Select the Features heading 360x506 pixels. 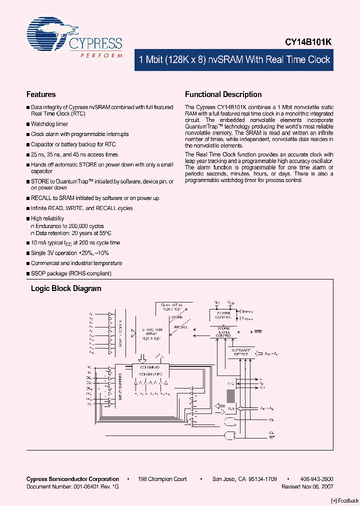click(41, 94)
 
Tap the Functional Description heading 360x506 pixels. click(223, 94)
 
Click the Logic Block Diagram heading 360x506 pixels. click(66, 288)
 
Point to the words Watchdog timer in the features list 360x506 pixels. click(49, 124)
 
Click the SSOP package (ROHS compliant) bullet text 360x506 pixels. click(71, 273)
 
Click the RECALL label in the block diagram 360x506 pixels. click(180, 327)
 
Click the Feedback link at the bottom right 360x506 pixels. click(345, 500)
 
